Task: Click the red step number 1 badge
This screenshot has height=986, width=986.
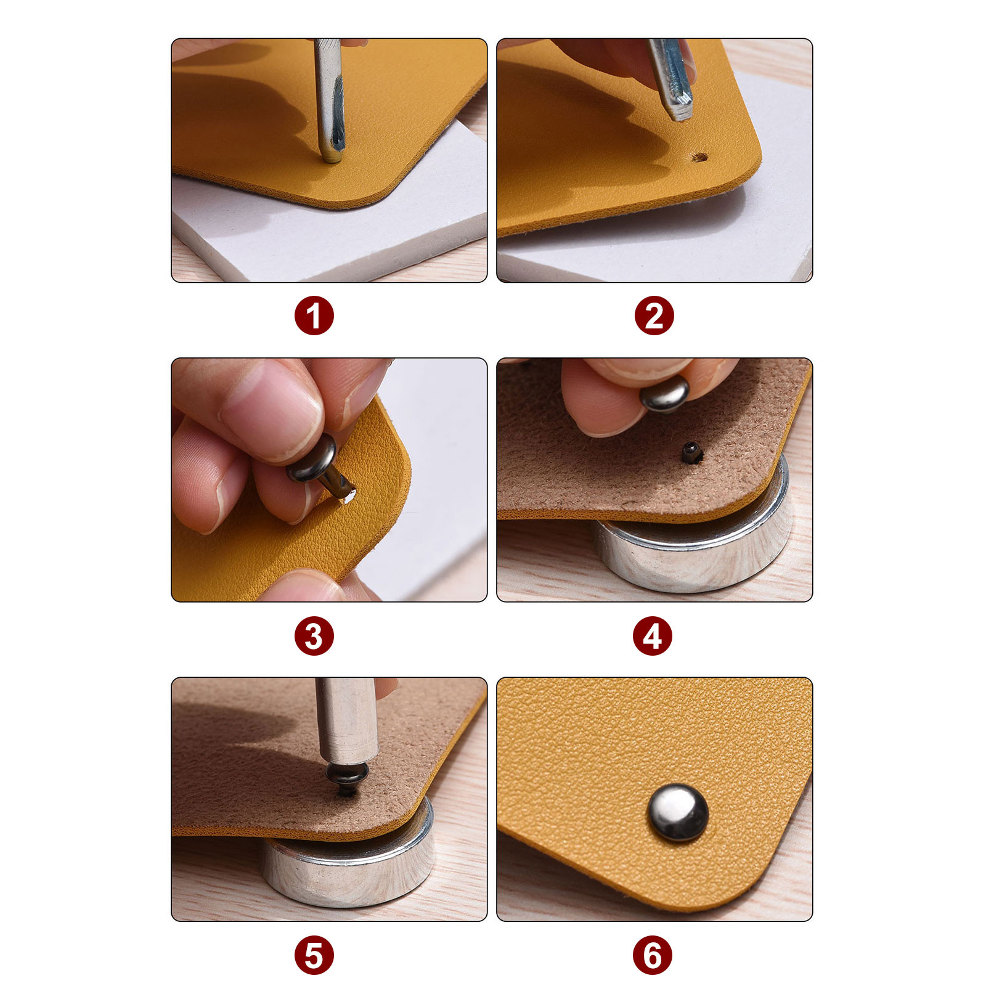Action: point(314,316)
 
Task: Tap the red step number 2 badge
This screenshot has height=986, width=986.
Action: point(654,316)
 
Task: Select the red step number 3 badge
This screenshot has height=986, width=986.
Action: point(314,636)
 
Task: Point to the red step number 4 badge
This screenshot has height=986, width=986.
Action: point(653,636)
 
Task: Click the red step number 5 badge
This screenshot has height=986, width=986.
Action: point(314,955)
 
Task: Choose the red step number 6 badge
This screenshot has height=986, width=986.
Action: point(653,955)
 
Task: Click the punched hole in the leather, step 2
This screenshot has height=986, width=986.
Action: point(699,157)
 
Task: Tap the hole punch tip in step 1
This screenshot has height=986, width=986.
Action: point(332,157)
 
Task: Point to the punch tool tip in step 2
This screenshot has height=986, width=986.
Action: point(680,114)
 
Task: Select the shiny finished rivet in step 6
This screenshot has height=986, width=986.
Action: point(678,812)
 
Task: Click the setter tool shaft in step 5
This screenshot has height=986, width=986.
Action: point(346,721)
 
